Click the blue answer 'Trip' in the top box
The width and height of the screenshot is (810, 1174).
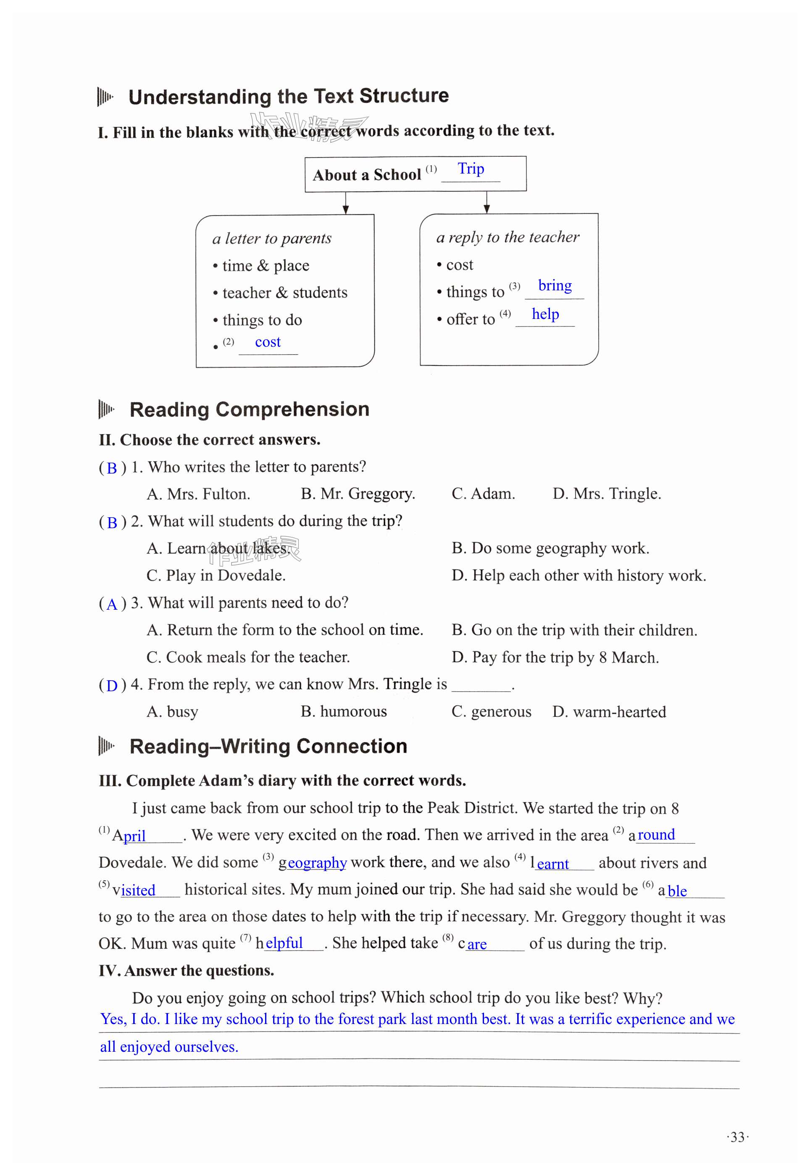point(471,168)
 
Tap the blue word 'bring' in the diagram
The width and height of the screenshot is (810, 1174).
point(554,285)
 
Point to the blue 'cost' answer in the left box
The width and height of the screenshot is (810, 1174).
point(268,342)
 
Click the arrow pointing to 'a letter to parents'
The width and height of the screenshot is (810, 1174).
point(346,204)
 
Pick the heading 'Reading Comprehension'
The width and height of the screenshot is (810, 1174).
point(249,410)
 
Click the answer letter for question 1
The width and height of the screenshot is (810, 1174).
point(112,468)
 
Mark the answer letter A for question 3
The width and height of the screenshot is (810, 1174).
point(112,604)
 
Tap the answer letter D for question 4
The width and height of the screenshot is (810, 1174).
point(112,686)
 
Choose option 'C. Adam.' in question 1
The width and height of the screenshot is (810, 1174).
point(483,494)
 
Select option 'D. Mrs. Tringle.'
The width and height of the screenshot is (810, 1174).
point(607,494)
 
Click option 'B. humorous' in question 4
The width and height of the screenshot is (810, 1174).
point(343,712)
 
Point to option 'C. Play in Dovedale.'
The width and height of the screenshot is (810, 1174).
point(216,576)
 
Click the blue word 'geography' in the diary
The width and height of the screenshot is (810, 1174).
point(317,863)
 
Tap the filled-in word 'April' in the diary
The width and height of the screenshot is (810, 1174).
point(129,835)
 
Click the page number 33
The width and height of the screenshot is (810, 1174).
point(737,1137)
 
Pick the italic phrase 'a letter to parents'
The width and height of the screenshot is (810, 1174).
point(271,239)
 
